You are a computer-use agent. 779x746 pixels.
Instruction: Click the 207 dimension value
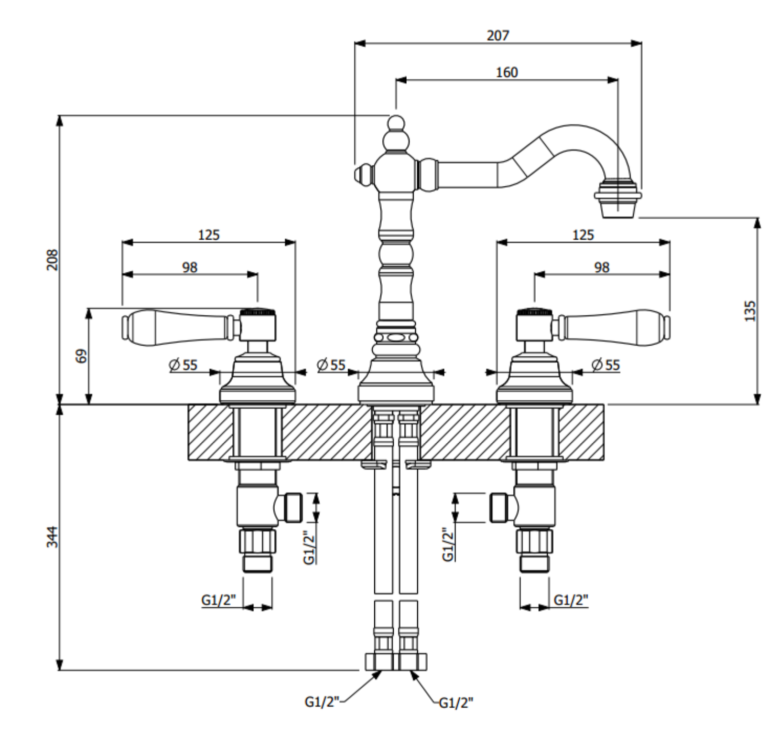(x=497, y=36)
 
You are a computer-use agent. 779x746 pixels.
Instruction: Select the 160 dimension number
(x=506, y=72)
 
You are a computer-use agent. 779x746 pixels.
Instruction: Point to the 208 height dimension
(x=52, y=260)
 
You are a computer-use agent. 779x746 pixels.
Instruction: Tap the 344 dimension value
(x=52, y=537)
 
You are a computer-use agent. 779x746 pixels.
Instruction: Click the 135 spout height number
(x=750, y=311)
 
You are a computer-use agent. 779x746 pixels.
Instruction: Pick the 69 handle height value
(x=81, y=356)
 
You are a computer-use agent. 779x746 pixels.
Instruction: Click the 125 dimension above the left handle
(x=209, y=235)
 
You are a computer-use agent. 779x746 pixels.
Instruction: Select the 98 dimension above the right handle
(x=602, y=268)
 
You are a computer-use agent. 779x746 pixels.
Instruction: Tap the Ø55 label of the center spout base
(x=331, y=365)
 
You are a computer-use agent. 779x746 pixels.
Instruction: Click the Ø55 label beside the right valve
(x=606, y=365)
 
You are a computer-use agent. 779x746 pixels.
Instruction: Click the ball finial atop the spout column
(x=396, y=123)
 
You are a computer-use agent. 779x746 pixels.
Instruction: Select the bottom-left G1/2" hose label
(x=322, y=701)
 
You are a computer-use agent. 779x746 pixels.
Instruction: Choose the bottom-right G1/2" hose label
(x=456, y=703)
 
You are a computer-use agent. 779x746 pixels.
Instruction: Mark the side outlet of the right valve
(x=500, y=508)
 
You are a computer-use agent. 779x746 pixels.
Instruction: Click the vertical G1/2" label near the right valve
(x=448, y=544)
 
